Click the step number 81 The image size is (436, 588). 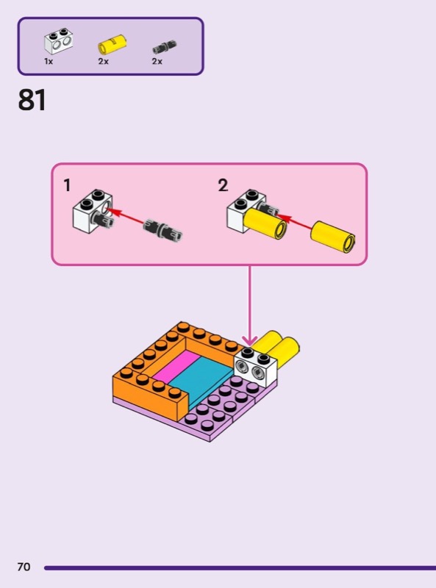pos(32,100)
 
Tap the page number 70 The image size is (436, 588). pos(24,567)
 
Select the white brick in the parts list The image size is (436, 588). pos(59,41)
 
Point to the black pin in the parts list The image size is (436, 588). pos(165,46)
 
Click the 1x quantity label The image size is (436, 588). pos(49,61)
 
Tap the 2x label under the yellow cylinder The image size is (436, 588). pos(103,61)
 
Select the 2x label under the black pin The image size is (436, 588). pos(157,61)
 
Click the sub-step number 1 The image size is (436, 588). pos(67,185)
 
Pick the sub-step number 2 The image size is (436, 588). pos(223,185)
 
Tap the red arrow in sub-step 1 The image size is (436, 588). pos(126,218)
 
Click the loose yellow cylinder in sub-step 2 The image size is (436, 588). pos(333,236)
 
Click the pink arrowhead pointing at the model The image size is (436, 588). pos(249,340)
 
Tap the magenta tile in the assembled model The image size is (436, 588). pos(174,367)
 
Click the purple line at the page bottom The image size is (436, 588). pos(240,567)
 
